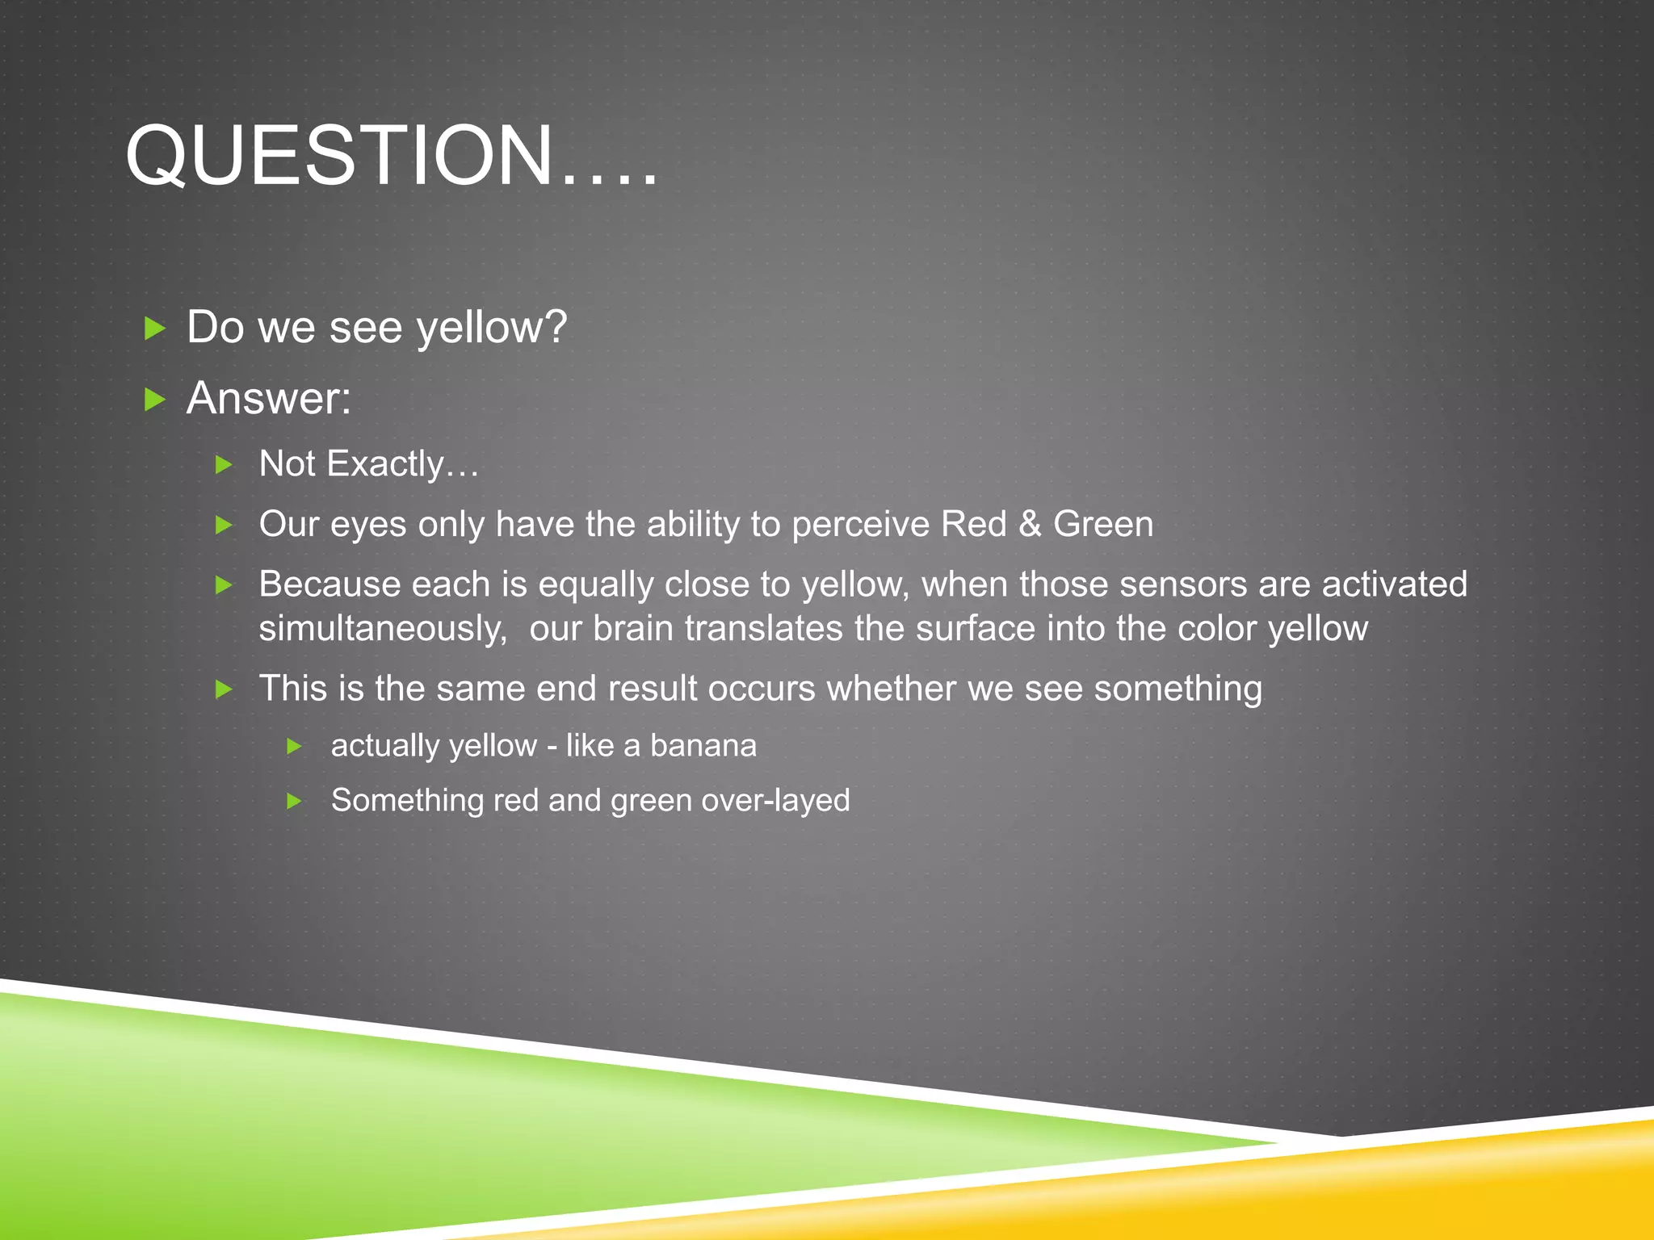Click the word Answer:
point(269,398)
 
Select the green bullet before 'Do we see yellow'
point(154,328)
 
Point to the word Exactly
point(385,464)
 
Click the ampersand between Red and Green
point(1030,525)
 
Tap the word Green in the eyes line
point(1103,525)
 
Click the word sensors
point(1183,584)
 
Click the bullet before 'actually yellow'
point(295,747)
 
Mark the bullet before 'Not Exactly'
point(224,465)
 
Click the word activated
point(1394,584)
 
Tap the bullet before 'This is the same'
point(224,689)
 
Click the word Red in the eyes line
point(973,525)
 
